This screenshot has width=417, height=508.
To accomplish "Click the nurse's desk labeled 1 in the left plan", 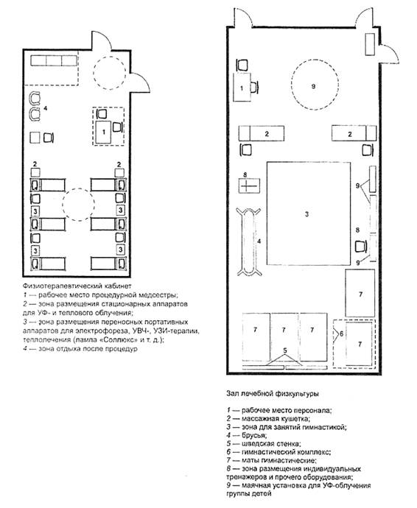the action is [x=104, y=133].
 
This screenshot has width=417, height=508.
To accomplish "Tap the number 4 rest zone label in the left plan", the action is [x=46, y=108].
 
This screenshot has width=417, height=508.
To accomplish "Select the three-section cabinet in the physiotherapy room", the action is [x=54, y=60].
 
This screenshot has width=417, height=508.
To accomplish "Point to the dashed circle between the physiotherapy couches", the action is [x=79, y=205].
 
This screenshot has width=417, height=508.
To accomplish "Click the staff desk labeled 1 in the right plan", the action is [x=242, y=88].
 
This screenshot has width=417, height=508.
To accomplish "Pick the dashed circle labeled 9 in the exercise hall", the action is [x=315, y=86].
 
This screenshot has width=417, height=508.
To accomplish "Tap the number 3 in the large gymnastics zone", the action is [x=306, y=214].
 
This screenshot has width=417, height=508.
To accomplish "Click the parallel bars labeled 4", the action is [x=248, y=241].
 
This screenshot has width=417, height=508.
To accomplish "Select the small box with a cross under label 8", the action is [x=249, y=186].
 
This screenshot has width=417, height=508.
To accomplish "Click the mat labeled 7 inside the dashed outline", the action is [x=359, y=344].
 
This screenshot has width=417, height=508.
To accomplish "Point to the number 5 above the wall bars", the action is [x=284, y=350].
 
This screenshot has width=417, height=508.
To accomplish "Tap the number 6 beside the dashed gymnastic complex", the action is [x=341, y=334].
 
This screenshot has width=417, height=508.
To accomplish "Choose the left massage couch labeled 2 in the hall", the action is [x=262, y=133].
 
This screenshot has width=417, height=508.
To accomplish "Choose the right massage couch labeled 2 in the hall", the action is [x=354, y=133].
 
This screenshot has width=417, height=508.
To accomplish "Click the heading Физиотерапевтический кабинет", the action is [x=77, y=286].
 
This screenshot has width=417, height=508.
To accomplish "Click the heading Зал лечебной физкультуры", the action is [x=273, y=394].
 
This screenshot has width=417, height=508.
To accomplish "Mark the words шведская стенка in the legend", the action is [x=271, y=444].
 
